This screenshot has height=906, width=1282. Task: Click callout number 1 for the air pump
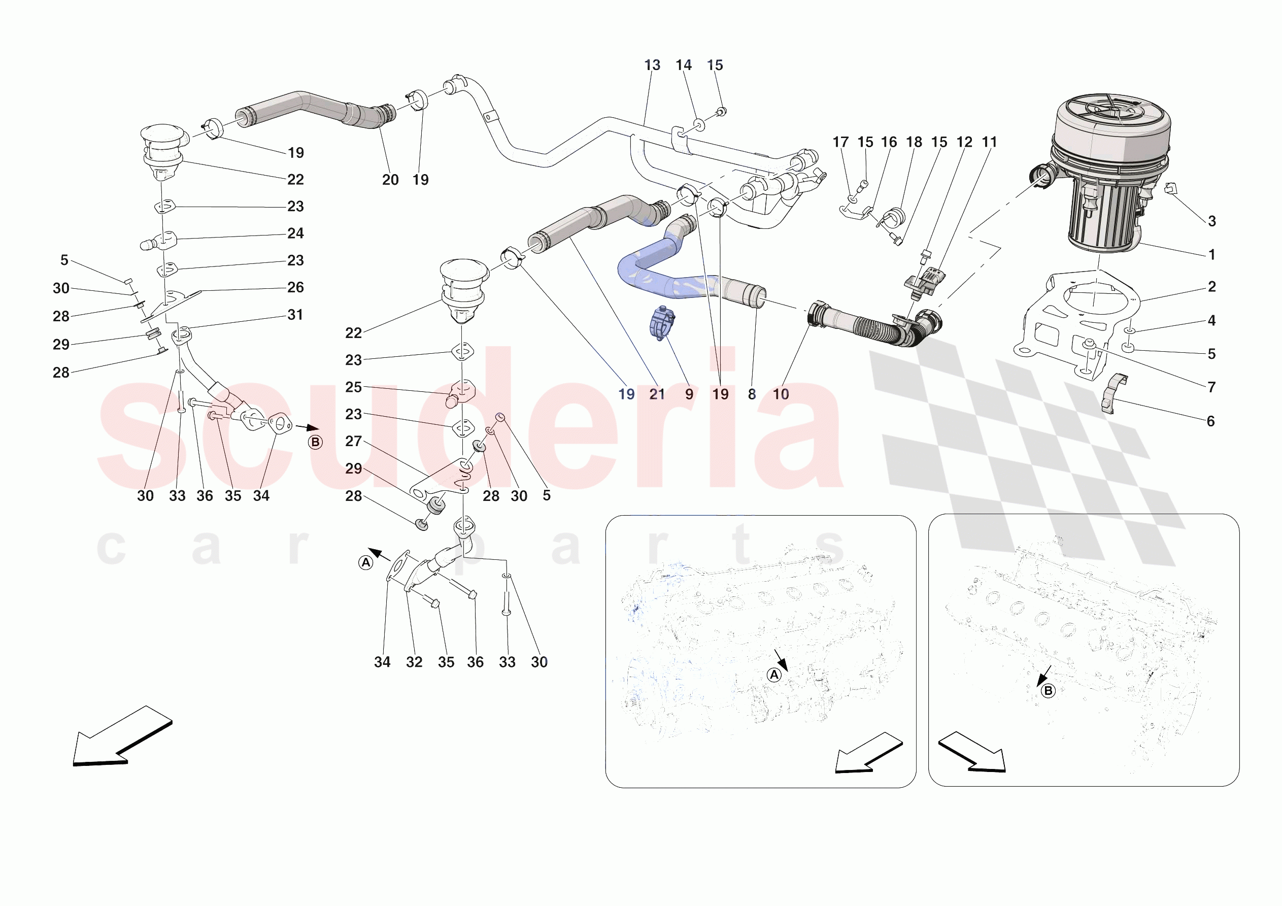(x=1211, y=255)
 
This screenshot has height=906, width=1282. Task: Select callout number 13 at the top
(x=652, y=65)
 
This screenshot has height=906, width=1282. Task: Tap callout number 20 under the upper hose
(x=390, y=180)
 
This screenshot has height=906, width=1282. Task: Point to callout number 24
(x=295, y=233)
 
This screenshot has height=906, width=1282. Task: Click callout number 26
(x=295, y=288)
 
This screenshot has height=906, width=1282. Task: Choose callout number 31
(x=295, y=315)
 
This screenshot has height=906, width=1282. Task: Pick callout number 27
(x=353, y=441)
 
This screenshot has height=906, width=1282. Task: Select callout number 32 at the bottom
(x=414, y=662)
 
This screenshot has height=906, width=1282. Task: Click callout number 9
(x=689, y=394)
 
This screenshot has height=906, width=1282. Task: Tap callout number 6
(x=1210, y=421)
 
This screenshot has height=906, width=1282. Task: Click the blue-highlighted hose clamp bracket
(x=662, y=323)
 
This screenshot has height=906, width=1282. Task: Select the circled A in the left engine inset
(x=774, y=675)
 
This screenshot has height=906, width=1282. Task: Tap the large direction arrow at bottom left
(x=120, y=737)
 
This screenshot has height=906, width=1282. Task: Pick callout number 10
(x=781, y=394)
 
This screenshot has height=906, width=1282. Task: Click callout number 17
(x=840, y=143)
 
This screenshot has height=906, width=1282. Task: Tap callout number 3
(x=1211, y=221)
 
